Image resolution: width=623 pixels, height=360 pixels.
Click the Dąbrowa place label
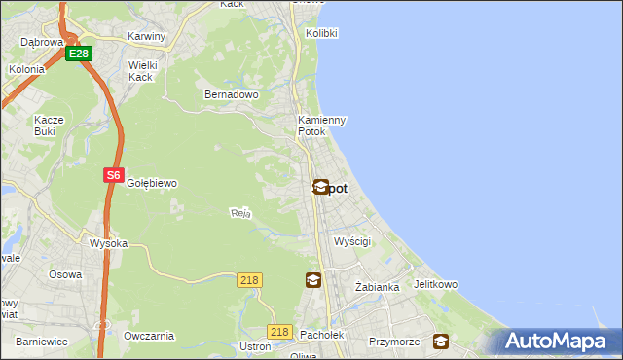pyautogui.click(x=42, y=42)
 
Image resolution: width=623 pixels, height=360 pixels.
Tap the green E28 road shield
pyautogui.click(x=79, y=54)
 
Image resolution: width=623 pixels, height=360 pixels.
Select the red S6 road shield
pyautogui.click(x=114, y=175)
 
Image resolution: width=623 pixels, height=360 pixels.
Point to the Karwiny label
pyautogui.click(x=147, y=36)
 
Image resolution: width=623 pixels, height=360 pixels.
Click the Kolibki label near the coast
pyautogui.click(x=321, y=32)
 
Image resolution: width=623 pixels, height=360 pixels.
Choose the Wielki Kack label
pyautogui.click(x=142, y=71)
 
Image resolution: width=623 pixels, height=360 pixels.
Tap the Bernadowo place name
pyautogui.click(x=231, y=94)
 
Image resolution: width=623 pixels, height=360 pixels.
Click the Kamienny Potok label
pyautogui.click(x=321, y=126)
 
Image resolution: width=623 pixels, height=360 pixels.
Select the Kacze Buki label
pyautogui.click(x=49, y=126)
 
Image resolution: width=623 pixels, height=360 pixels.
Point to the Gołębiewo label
pyautogui.click(x=151, y=183)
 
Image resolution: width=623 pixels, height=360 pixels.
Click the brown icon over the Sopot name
pyautogui.click(x=320, y=187)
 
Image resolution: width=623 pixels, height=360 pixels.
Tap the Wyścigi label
pyautogui.click(x=352, y=240)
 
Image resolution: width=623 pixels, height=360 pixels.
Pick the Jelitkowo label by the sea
pyautogui.click(x=435, y=285)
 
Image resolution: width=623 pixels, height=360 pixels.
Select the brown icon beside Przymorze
pyautogui.click(x=441, y=342)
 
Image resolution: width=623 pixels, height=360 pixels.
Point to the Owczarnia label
pyautogui.click(x=149, y=336)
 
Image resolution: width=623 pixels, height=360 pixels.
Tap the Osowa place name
pyautogui.click(x=65, y=274)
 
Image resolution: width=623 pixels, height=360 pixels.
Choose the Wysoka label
pyautogui.click(x=108, y=243)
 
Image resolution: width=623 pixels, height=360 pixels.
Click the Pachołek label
pyautogui.click(x=320, y=335)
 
